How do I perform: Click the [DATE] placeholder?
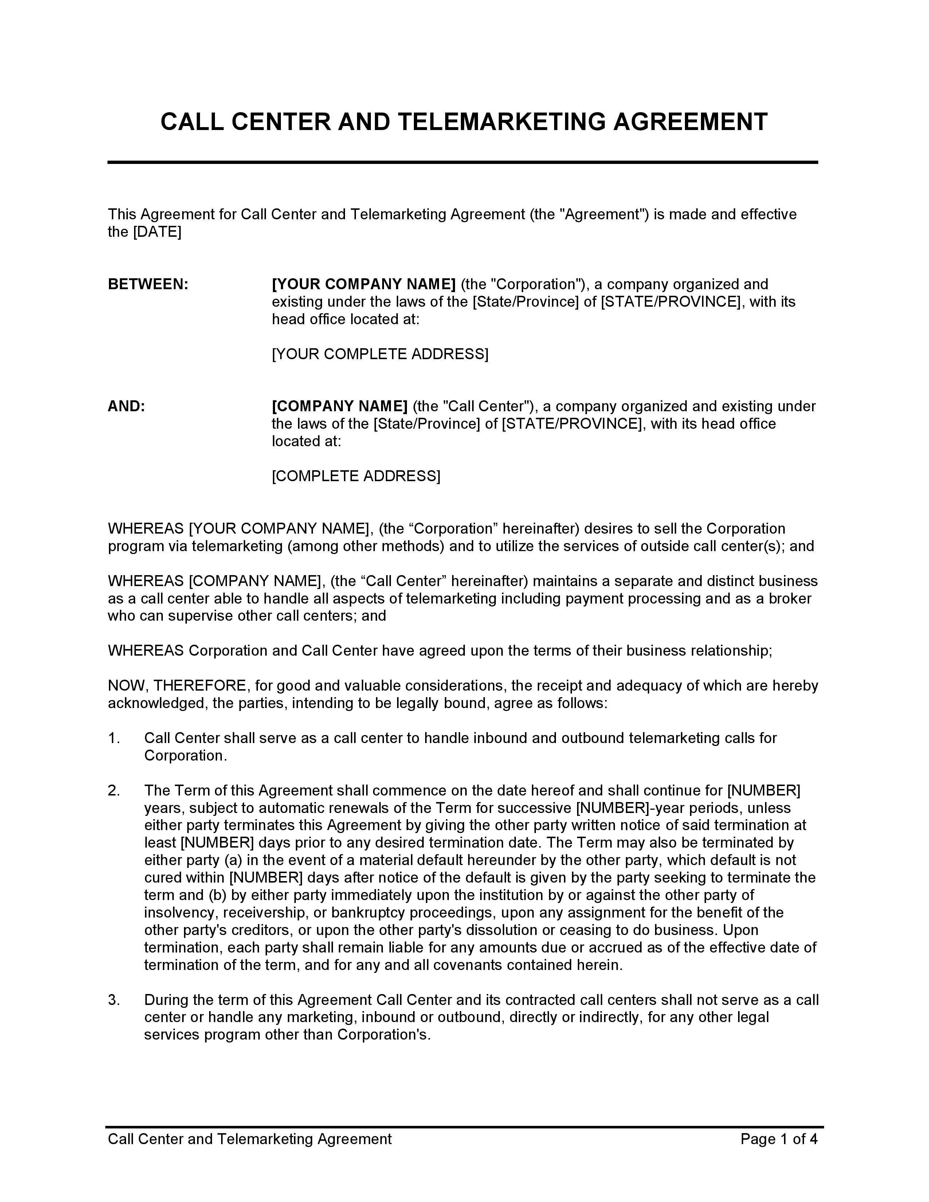[157, 232]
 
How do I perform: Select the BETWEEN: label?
[148, 284]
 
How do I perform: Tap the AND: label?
[126, 406]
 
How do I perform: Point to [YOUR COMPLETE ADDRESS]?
[380, 354]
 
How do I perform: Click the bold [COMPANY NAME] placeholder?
[340, 406]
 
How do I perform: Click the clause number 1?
[114, 738]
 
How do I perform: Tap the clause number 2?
[114, 790]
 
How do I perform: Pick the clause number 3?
[114, 1000]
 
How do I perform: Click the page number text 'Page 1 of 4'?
[779, 1139]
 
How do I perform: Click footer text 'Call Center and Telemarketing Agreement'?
[249, 1139]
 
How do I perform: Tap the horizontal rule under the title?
[462, 162]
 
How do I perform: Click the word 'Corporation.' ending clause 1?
[185, 756]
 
